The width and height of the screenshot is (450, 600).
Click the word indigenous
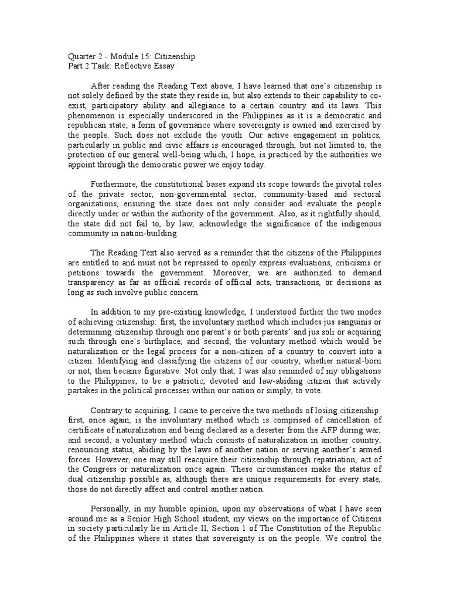(x=363, y=224)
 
